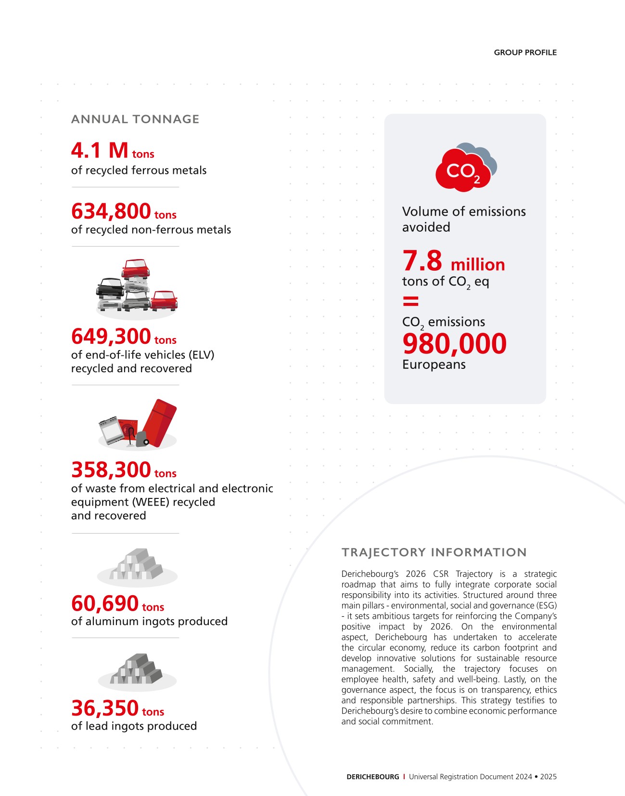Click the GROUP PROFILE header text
pos(525,52)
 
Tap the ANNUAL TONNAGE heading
pos(135,119)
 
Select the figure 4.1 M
pos(100,150)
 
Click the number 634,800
pos(111,211)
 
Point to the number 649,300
pos(111,337)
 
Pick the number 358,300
pos(111,470)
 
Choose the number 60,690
pos(105,603)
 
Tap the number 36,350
pos(105,708)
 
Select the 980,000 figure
pos(454,344)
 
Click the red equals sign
pos(410,301)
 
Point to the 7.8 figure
pos(422,261)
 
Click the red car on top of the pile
pos(136,268)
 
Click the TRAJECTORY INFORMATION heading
pos(434,552)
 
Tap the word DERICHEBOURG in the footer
pos(373,777)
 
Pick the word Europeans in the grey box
pos(434,365)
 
